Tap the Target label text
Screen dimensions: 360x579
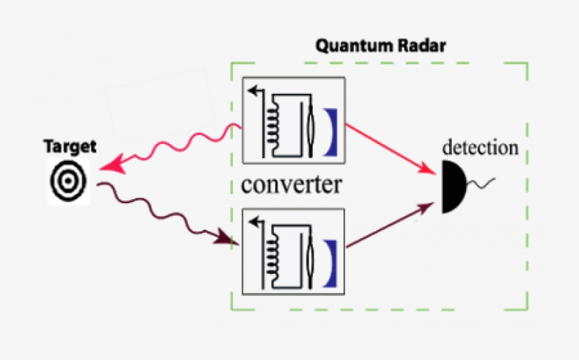(70, 148)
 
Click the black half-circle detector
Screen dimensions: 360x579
(451, 186)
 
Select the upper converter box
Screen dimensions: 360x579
(292, 119)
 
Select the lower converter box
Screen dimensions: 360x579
(292, 251)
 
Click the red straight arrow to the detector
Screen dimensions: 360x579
(388, 148)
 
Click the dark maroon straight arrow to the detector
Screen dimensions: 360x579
(388, 225)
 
